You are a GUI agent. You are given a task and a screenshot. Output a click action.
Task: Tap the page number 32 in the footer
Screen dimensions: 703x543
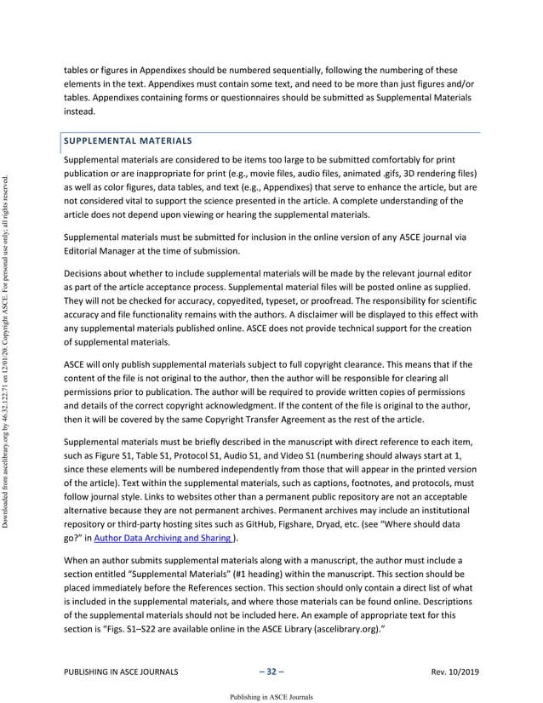tap(271, 672)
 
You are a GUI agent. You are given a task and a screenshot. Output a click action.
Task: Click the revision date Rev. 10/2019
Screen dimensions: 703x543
tap(455, 672)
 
